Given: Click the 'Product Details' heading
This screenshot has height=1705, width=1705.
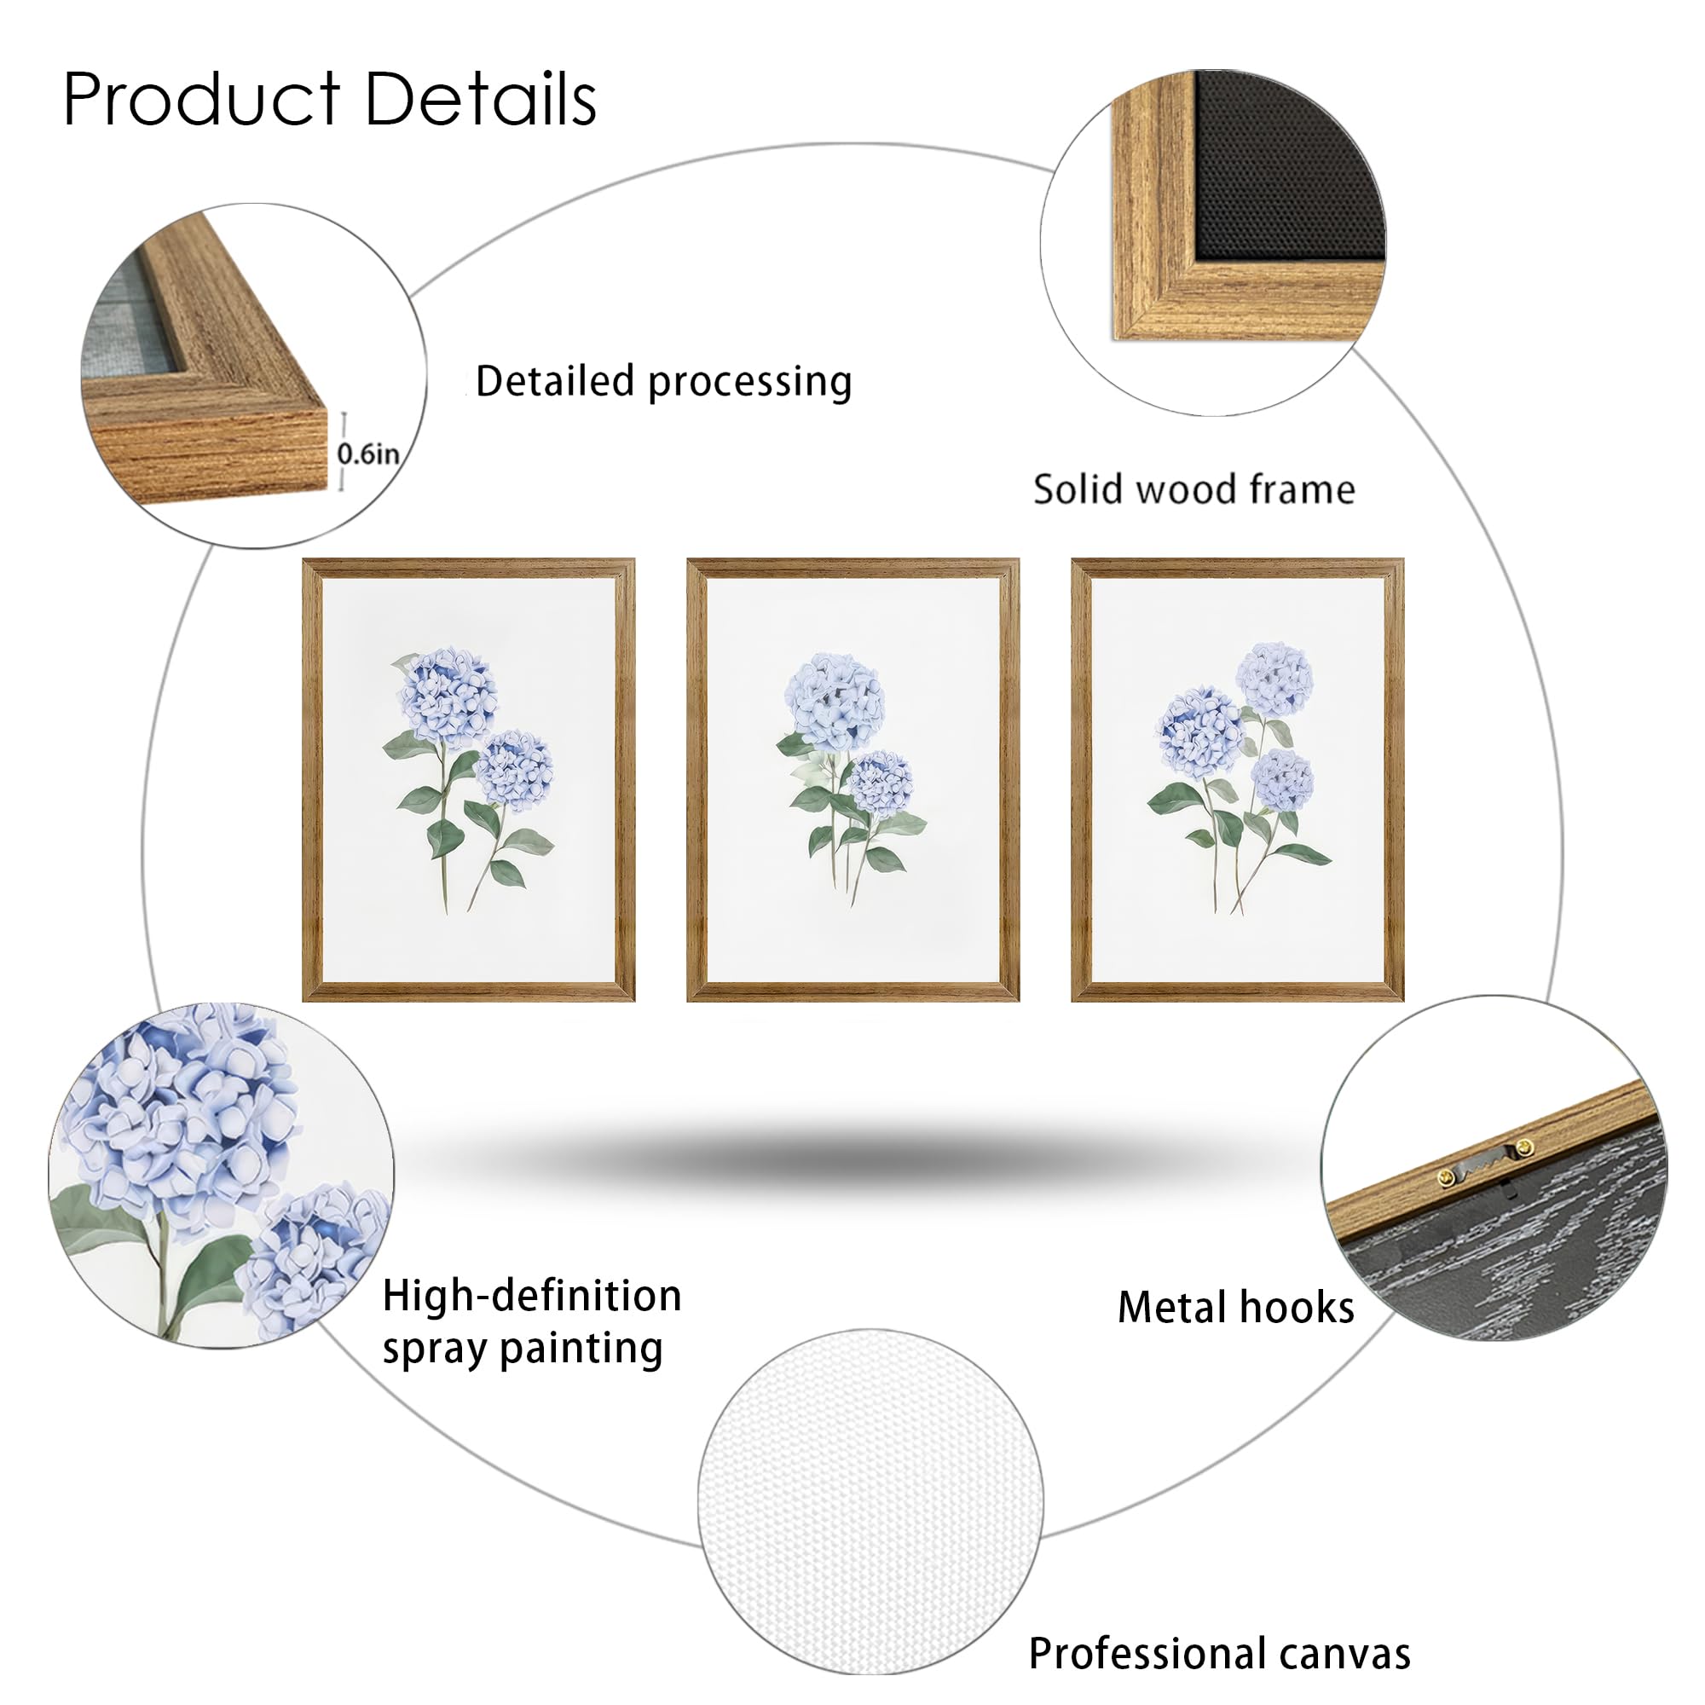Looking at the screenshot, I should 329,99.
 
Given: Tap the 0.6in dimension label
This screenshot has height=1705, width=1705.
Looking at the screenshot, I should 368,454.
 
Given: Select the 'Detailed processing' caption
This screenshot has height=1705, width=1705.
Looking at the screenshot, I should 662,381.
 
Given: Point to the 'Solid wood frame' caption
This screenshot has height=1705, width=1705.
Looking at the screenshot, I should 1193,490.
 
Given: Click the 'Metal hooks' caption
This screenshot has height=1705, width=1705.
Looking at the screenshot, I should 1234,1307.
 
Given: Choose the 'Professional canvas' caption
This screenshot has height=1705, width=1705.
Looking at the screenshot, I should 1219,1653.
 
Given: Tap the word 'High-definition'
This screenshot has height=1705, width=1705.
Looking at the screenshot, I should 532,1297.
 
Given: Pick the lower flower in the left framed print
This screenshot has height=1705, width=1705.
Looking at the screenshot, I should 515,770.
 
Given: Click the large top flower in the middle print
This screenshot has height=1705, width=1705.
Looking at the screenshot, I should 835,702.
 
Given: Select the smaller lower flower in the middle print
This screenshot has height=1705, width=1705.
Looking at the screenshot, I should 880,782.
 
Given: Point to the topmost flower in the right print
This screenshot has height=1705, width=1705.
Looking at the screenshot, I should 1274,679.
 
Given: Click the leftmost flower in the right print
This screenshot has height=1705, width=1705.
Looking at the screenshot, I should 1201,732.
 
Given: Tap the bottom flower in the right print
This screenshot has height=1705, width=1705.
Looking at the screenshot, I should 1282,779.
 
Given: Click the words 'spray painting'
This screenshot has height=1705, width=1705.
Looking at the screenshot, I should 523,1349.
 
